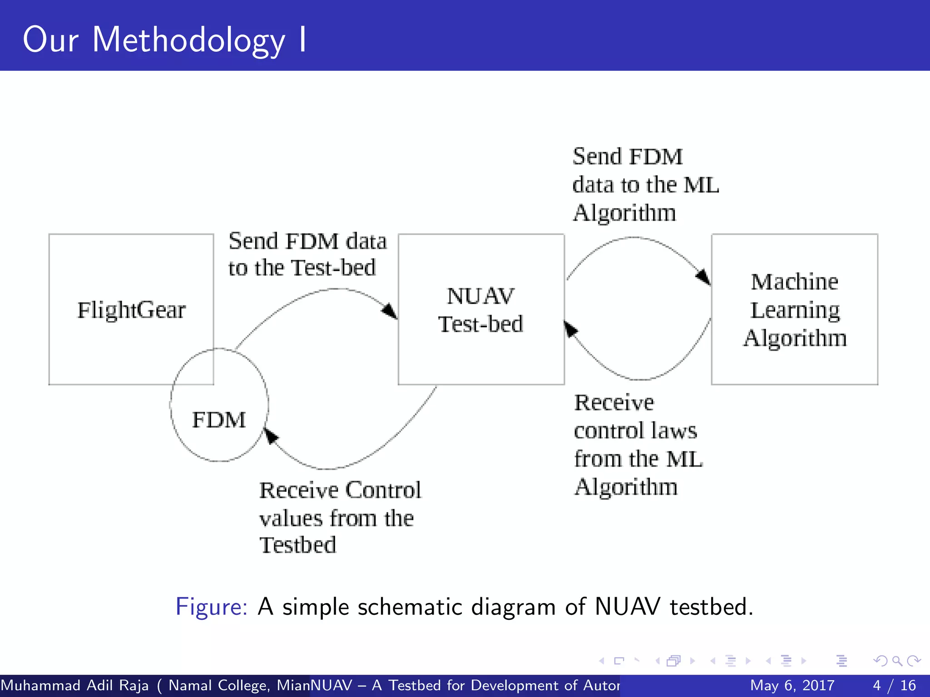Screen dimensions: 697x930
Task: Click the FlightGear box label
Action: click(131, 310)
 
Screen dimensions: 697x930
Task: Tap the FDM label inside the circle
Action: click(219, 420)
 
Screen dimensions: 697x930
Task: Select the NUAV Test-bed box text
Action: click(480, 310)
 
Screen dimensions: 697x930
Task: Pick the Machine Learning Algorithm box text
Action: click(795, 310)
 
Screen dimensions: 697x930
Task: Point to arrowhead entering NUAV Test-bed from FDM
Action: click(390, 311)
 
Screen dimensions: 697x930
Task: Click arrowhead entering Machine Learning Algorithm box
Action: click(703, 276)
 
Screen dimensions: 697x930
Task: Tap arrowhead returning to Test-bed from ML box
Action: click(570, 329)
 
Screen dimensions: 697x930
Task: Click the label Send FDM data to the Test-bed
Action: click(307, 254)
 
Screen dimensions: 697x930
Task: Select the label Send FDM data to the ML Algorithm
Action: click(645, 185)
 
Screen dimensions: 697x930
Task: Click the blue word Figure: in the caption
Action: click(212, 607)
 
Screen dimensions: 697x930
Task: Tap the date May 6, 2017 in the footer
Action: click(792, 685)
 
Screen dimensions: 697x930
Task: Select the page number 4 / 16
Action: click(894, 685)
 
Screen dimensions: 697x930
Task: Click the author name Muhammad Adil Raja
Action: click(74, 685)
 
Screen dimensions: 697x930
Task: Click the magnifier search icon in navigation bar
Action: click(896, 661)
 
